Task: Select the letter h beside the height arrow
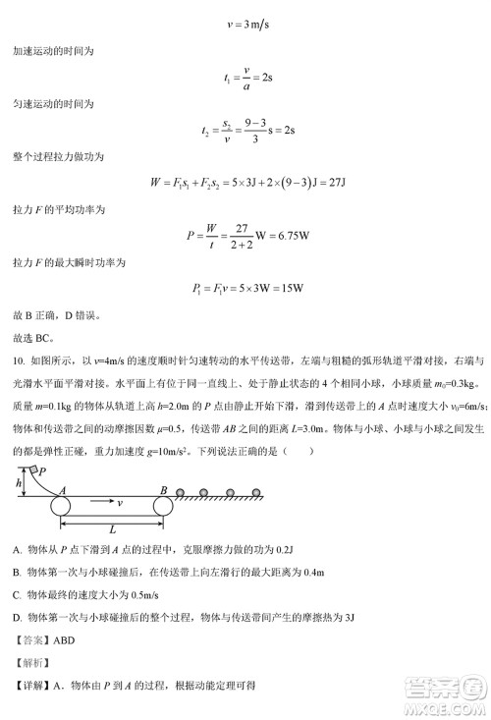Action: point(19,483)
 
